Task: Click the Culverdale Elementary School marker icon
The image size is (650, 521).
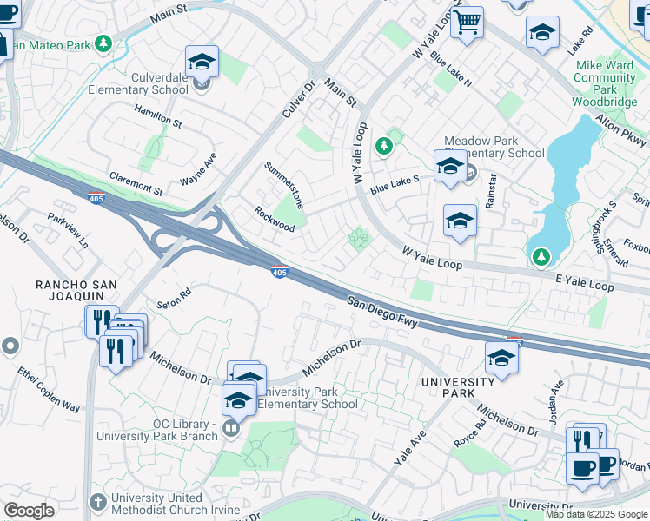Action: [202, 63]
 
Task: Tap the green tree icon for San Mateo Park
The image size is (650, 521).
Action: [104, 43]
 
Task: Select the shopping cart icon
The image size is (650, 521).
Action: [468, 23]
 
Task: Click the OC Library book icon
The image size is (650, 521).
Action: [232, 427]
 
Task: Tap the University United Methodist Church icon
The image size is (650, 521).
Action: [98, 502]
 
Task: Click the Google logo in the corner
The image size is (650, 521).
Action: [29, 511]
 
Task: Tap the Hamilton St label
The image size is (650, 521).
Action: [157, 116]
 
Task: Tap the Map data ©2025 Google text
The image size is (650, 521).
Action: [596, 514]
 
